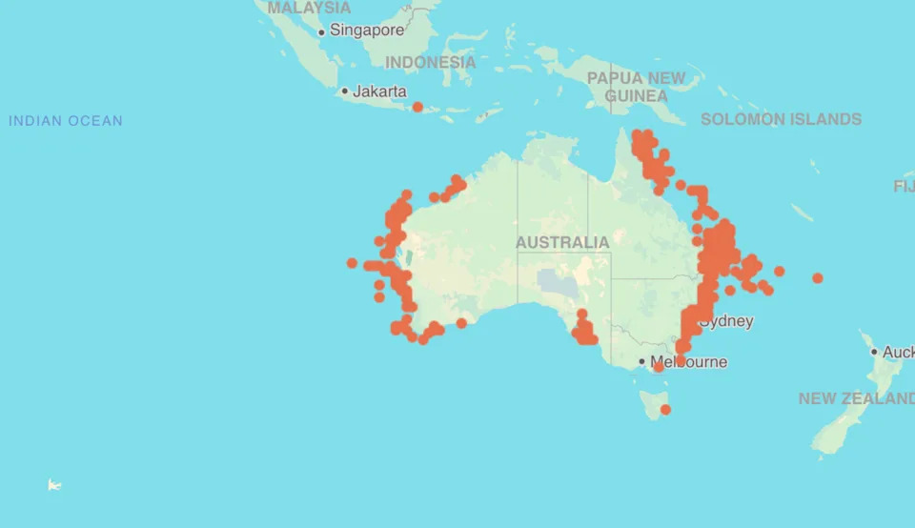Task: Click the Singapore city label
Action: tap(367, 30)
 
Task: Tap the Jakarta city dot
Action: tap(345, 91)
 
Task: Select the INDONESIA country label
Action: tap(430, 62)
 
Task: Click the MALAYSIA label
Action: tap(309, 8)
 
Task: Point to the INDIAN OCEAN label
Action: tap(66, 121)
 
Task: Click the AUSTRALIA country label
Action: tap(562, 242)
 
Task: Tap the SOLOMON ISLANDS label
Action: tap(781, 119)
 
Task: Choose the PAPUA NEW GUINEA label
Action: tap(636, 87)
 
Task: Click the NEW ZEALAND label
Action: tap(856, 398)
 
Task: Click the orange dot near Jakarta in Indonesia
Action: tap(417, 107)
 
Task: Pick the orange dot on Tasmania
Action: tap(665, 410)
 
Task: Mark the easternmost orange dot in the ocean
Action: tap(818, 278)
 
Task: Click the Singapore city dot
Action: tap(321, 31)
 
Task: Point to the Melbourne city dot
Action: tap(642, 362)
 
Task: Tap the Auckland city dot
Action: tap(874, 352)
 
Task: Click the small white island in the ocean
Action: tap(54, 485)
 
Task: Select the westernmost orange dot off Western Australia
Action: tap(352, 263)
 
